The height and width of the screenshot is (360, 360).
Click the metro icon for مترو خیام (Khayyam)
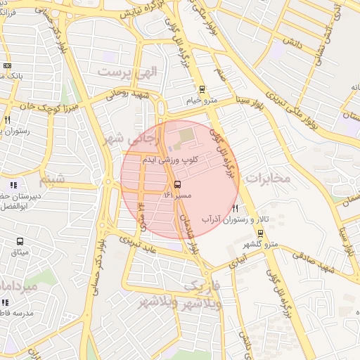click(202, 89)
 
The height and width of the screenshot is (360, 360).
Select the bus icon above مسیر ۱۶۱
click(167, 184)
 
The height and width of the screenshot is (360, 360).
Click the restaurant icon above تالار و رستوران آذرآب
click(235, 208)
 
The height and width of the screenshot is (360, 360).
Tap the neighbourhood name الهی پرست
click(128, 72)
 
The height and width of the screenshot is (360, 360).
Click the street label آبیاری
click(238, 262)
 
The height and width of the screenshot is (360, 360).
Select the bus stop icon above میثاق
click(20, 241)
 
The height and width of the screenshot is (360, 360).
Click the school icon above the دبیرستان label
click(13, 186)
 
